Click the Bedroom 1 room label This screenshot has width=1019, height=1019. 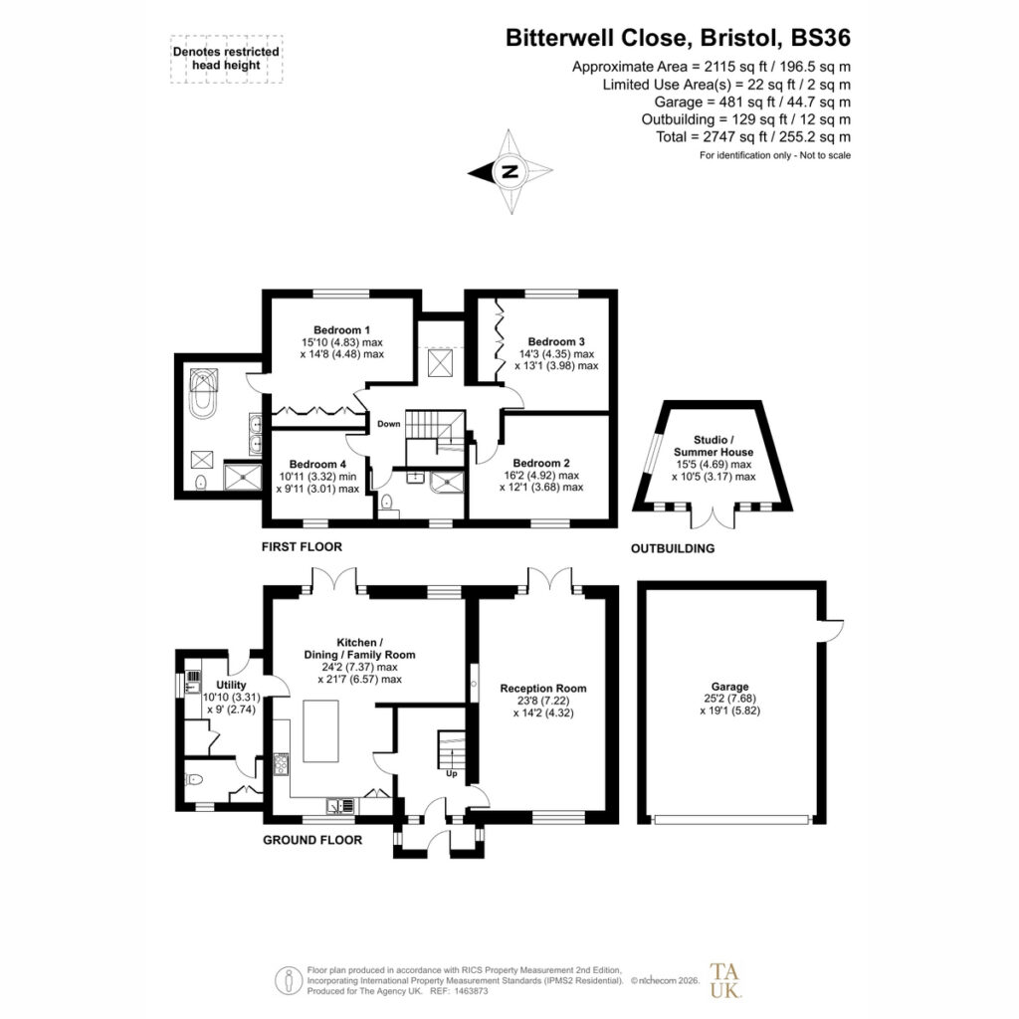pos(342,330)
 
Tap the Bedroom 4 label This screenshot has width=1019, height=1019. pos(317,464)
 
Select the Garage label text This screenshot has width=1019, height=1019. pos(729,687)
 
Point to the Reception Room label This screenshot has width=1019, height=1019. pos(543,689)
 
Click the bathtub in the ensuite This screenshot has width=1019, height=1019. pos(203,394)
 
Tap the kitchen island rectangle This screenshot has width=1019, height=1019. pos(321,731)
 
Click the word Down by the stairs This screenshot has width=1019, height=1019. pos(389,424)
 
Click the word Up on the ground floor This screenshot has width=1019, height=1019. pos(452,773)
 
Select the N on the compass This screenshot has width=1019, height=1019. pos(510,171)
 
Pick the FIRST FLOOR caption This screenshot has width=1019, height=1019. pos(302,546)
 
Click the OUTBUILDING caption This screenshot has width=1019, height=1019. pos(673,548)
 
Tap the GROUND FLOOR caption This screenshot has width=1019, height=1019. pos(312,840)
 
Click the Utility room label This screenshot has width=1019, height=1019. pos(231,685)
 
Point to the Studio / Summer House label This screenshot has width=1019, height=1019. pos(713,446)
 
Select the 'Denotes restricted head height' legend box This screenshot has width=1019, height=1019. pos(226,59)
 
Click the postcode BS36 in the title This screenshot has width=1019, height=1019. pos(820,38)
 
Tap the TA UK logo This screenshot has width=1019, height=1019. pos(724,980)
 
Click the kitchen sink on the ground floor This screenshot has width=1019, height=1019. pos(341,805)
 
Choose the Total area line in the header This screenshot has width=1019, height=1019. pos(753,136)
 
